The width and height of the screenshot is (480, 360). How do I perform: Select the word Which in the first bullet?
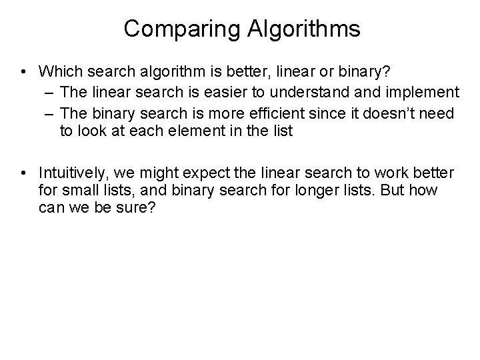pyautogui.click(x=59, y=70)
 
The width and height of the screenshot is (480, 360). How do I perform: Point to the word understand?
pyautogui.click(x=325, y=91)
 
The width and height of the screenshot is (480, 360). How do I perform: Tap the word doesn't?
pyautogui.click(x=389, y=111)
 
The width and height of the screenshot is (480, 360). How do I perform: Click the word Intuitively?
pyautogui.click(x=73, y=173)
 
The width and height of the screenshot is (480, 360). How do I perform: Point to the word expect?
pyautogui.click(x=220, y=173)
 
